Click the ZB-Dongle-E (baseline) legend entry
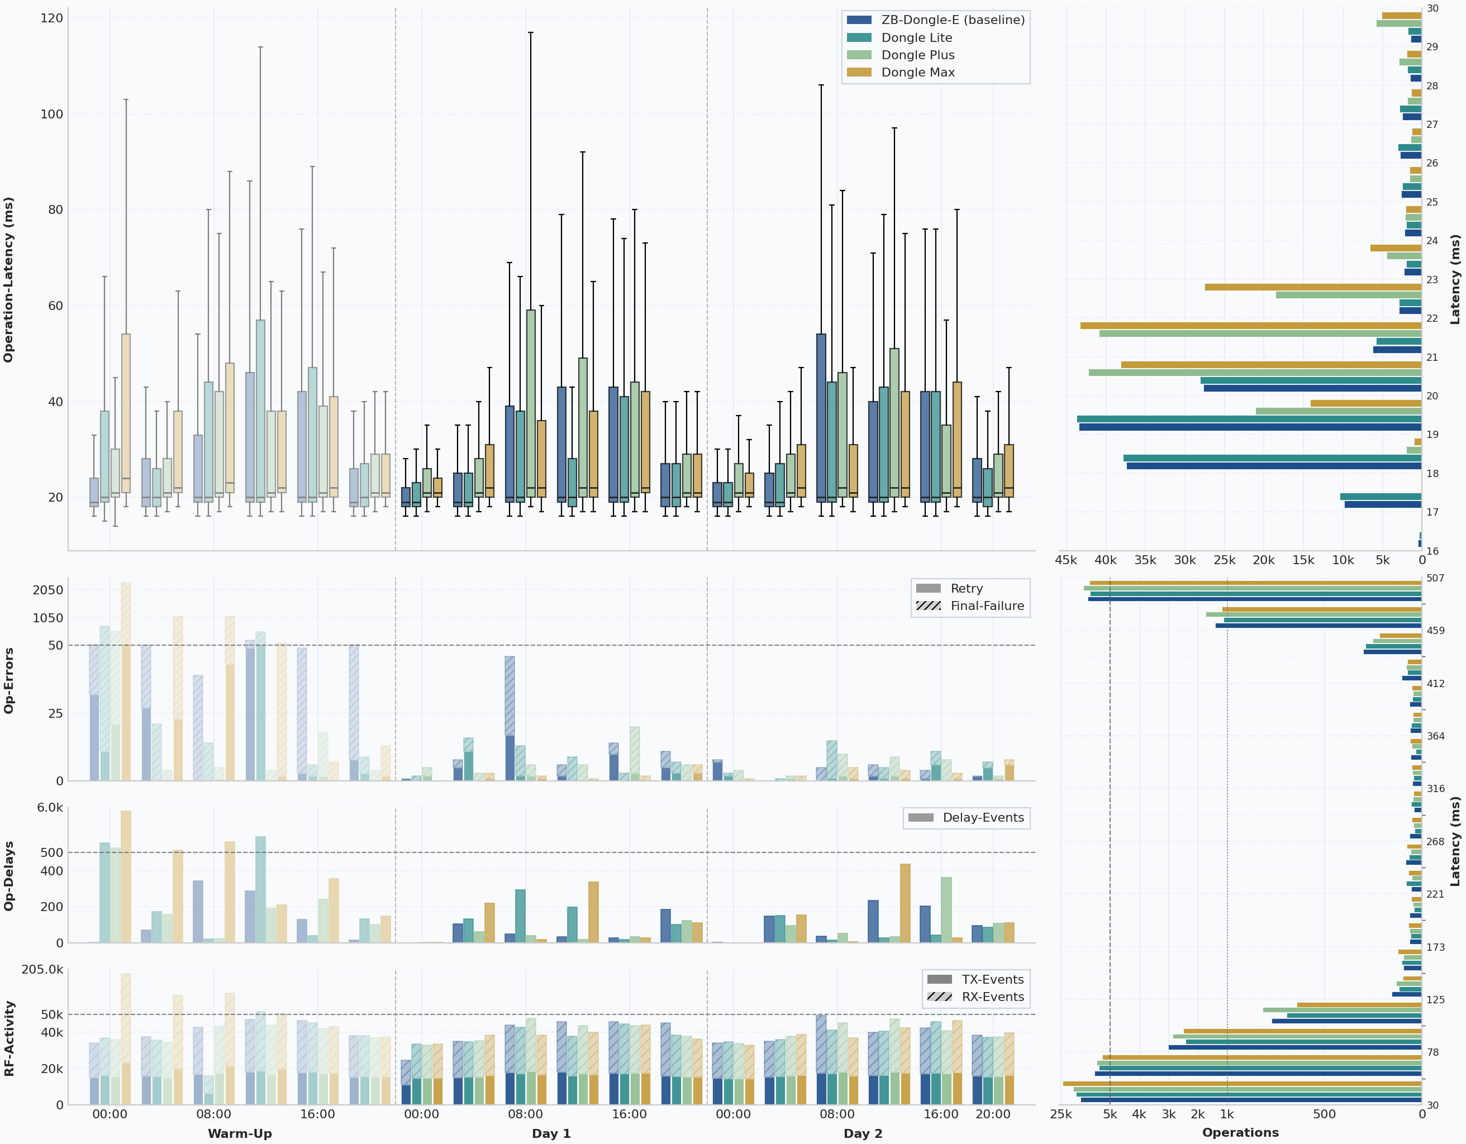click(953, 20)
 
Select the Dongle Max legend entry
click(917, 73)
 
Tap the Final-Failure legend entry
click(987, 606)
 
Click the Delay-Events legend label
click(983, 817)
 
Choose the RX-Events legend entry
click(992, 997)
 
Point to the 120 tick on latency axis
click(52, 18)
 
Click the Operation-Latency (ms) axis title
click(9, 280)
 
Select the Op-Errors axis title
click(9, 680)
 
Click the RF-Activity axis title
click(9, 1038)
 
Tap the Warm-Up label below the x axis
click(240, 1133)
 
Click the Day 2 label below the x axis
click(863, 1133)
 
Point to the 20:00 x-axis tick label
click(992, 1114)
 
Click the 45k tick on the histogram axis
click(1066, 560)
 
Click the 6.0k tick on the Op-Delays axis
click(50, 808)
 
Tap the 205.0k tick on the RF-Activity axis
click(42, 970)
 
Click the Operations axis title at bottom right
click(1240, 1133)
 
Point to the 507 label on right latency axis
click(1435, 578)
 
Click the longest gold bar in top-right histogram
click(1250, 326)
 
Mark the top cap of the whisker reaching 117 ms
click(530, 32)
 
